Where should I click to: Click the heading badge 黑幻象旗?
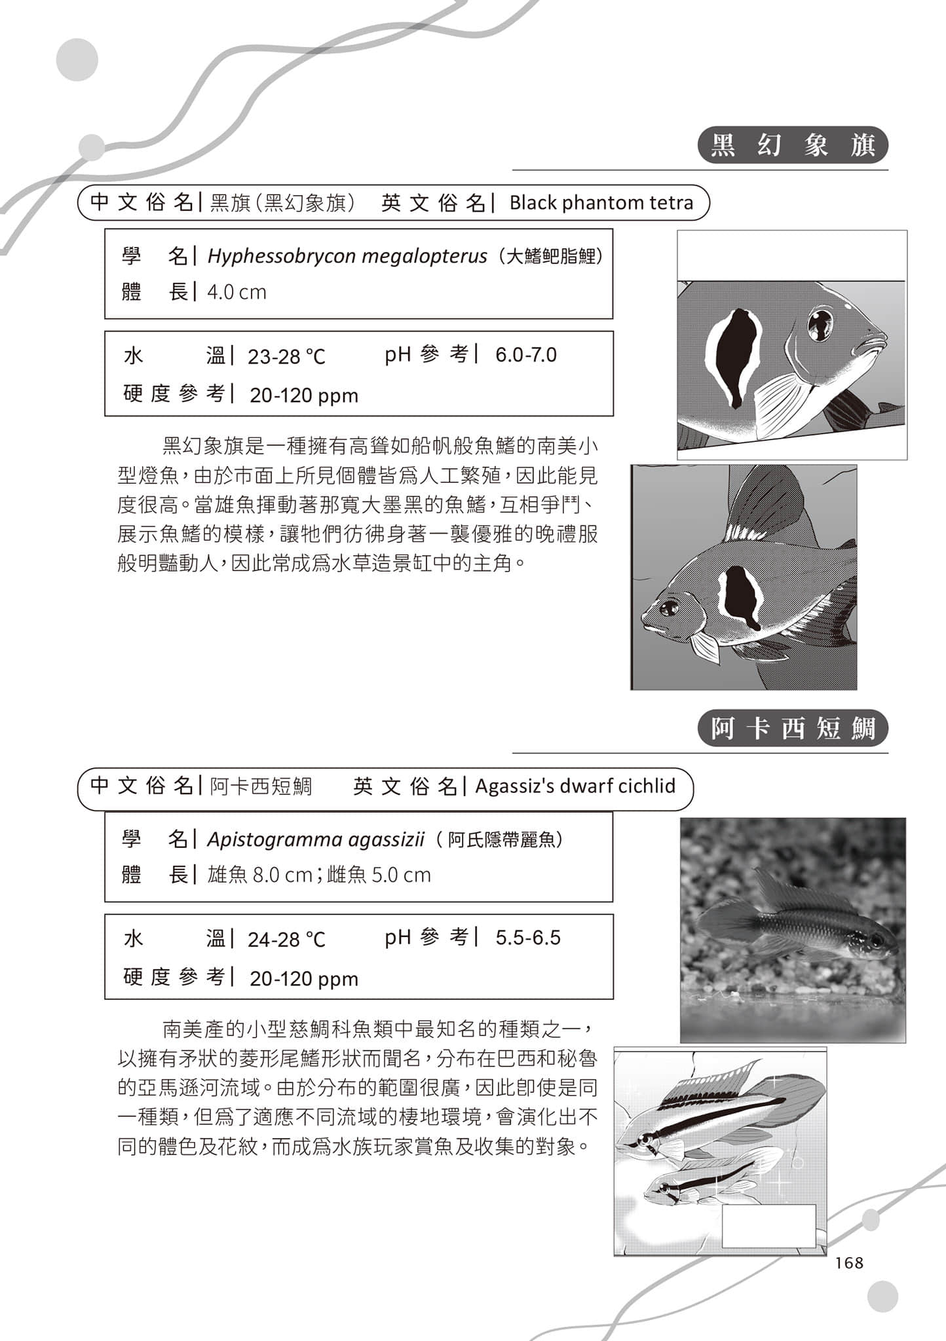point(793,145)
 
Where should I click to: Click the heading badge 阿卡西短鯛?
point(793,728)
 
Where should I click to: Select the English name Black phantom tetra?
point(601,203)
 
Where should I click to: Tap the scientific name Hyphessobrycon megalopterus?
point(347,256)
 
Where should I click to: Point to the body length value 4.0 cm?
point(236,292)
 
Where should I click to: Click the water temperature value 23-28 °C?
point(286,357)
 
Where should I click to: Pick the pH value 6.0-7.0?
point(525,355)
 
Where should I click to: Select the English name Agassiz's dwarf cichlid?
point(575,786)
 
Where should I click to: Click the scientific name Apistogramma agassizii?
point(316,839)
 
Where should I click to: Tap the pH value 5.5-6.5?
point(527,938)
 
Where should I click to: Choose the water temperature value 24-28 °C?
point(286,940)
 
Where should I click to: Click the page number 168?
point(850,1263)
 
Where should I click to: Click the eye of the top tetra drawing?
point(819,322)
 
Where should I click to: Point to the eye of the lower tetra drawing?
point(668,608)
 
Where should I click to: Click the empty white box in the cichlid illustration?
point(768,1226)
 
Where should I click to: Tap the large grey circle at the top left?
point(77,60)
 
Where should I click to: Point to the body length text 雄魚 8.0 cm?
point(259,875)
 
